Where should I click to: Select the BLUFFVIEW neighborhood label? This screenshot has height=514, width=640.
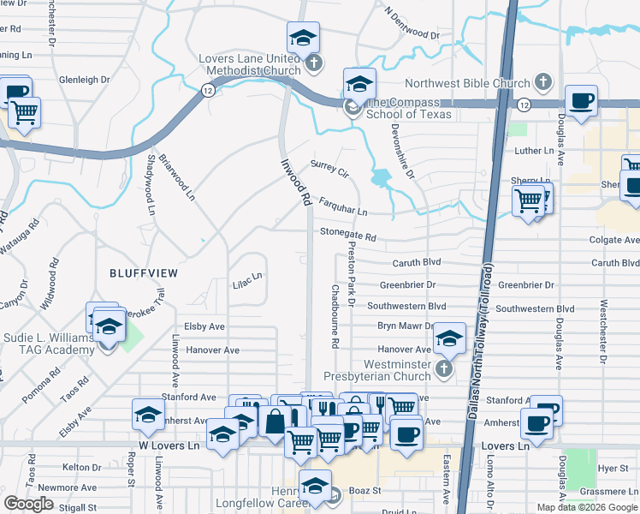(144, 272)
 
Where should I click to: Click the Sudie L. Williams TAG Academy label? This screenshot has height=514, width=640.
(47, 344)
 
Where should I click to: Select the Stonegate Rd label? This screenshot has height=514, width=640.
(348, 233)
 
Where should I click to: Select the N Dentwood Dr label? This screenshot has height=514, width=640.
(412, 26)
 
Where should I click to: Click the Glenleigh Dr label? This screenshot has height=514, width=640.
(85, 80)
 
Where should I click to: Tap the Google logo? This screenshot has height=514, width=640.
(29, 504)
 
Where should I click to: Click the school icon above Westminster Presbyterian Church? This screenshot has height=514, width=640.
(448, 338)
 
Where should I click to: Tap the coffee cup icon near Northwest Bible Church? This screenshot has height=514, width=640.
(581, 100)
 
